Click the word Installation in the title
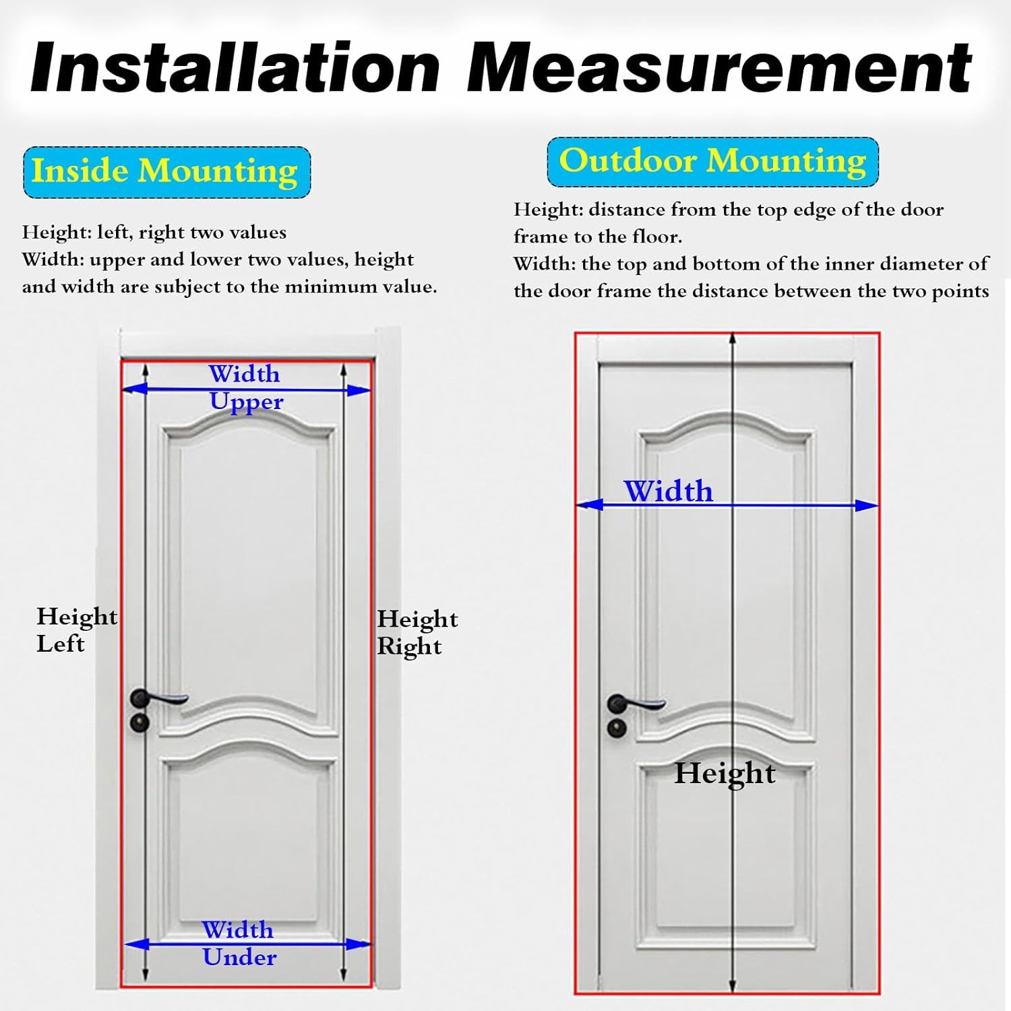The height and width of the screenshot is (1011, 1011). pos(235,68)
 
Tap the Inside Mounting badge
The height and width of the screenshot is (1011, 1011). pos(166,171)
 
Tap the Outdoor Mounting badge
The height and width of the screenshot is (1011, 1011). pos(712,162)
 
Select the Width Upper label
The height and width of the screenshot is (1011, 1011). pos(245,388)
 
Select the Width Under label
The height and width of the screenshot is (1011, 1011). pos(239,944)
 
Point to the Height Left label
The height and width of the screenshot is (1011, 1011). pos(75,630)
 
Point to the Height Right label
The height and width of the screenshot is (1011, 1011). pos(417,632)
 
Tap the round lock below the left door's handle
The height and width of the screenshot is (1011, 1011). pos(140,723)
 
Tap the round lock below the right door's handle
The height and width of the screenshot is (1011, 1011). pos(616,728)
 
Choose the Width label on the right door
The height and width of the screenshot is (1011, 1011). pos(668,491)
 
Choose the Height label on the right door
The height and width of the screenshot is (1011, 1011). pos(725,773)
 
